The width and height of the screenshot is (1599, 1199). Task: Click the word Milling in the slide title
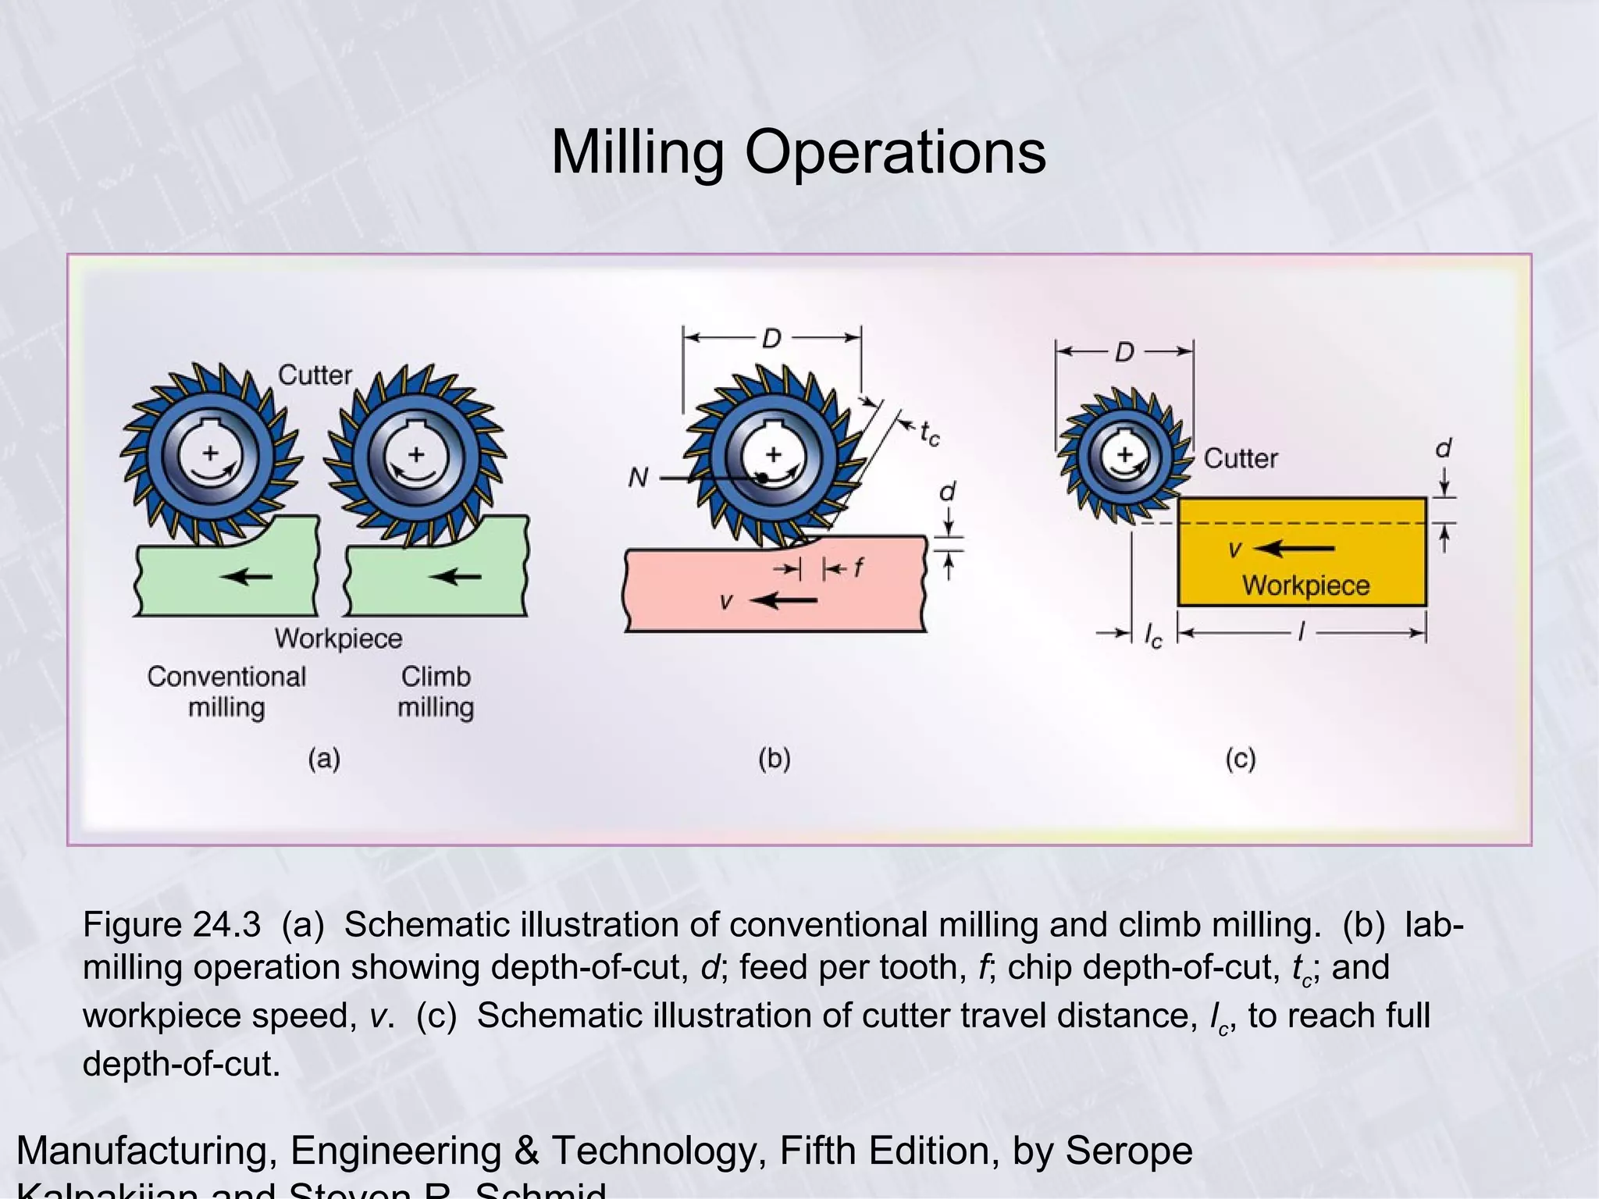(637, 151)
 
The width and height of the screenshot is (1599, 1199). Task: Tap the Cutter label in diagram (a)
(315, 375)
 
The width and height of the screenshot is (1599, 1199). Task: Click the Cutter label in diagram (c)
(1241, 458)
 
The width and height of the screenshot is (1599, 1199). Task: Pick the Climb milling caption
(436, 692)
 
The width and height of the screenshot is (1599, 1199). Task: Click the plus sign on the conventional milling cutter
(210, 453)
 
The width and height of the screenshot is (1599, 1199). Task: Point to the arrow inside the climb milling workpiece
(455, 577)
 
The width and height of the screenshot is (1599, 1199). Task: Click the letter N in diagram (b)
(638, 477)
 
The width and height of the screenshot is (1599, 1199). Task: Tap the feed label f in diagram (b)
(858, 567)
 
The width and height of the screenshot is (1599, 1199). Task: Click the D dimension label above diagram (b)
(771, 339)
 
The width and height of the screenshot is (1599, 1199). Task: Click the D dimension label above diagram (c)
(1124, 352)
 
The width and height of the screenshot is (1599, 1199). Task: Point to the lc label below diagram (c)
(1152, 635)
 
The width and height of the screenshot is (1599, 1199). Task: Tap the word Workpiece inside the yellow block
(1305, 585)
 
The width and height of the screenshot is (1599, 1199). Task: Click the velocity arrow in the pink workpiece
(783, 600)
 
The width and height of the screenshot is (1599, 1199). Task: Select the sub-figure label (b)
(774, 759)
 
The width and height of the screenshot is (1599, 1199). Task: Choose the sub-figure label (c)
(1240, 759)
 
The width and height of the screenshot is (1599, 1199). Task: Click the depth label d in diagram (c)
(1443, 449)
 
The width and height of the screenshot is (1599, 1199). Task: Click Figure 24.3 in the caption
(172, 925)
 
